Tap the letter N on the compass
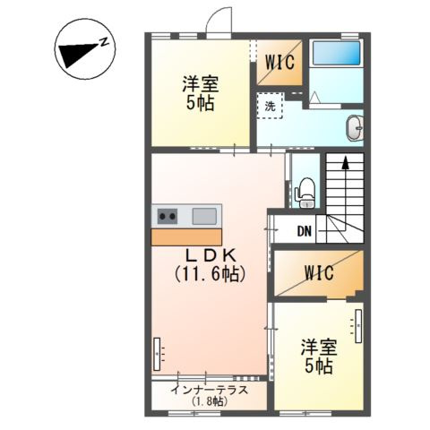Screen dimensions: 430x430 click(105, 42)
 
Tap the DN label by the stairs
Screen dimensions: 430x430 click(305, 231)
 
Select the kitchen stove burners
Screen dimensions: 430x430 click(167, 215)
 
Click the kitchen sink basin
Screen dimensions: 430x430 click(203, 215)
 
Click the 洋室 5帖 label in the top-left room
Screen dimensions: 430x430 click(200, 94)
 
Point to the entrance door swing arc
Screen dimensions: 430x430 click(215, 20)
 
